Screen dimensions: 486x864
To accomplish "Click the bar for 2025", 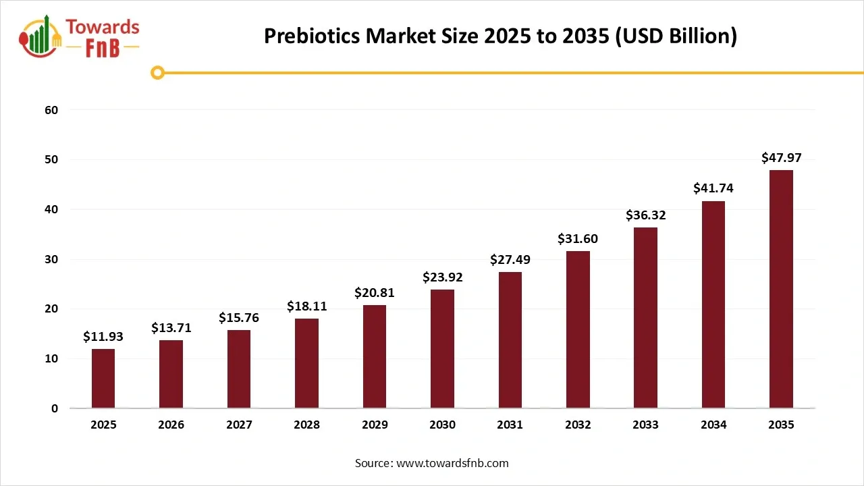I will tap(103, 379).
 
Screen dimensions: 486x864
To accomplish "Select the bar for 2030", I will tap(442, 349).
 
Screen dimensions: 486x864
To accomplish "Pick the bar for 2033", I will tap(645, 318).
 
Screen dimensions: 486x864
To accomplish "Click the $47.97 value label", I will tap(781, 158).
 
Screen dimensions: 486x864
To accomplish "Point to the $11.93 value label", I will tap(103, 337).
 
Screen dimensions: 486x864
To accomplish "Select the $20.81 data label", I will tap(374, 293).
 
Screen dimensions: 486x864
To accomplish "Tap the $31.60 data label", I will tap(577, 239).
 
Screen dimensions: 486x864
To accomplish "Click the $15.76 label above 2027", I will tap(239, 318).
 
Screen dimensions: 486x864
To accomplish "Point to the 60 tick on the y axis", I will tap(52, 110).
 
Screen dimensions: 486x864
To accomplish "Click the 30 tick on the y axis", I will tap(52, 259).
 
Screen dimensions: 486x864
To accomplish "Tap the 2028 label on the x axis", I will tap(306, 425).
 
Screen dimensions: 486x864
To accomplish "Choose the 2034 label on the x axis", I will tap(713, 425).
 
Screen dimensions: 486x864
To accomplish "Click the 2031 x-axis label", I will tap(510, 425).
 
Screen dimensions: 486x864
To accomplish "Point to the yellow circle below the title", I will tap(157, 73).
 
